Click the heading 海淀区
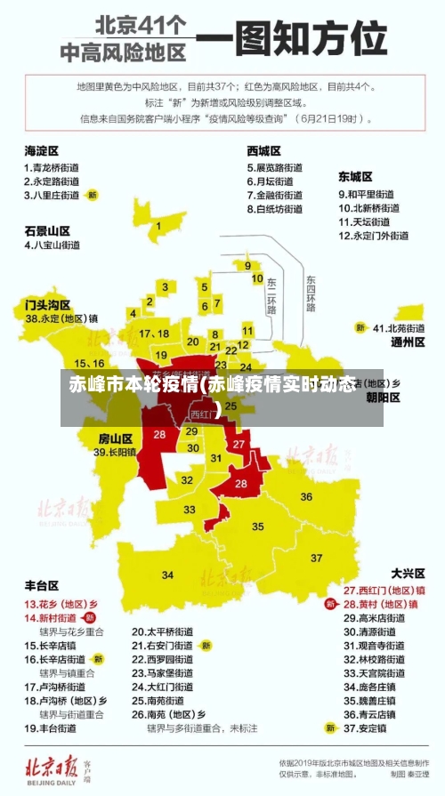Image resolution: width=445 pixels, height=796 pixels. click(x=42, y=151)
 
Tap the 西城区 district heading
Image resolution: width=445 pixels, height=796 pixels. click(x=264, y=151)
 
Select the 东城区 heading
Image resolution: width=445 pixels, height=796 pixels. click(x=355, y=177)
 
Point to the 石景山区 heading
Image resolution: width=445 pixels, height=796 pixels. click(x=47, y=230)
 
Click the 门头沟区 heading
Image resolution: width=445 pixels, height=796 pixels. click(x=47, y=304)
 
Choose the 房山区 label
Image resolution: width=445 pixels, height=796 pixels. click(x=115, y=438)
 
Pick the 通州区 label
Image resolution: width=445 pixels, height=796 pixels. click(x=409, y=342)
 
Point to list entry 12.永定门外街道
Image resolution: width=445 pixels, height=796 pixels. click(x=374, y=237)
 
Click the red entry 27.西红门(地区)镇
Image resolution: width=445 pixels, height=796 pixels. click(x=384, y=590)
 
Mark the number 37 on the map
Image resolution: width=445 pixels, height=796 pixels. click(x=318, y=558)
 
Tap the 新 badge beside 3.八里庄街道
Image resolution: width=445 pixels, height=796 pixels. click(x=92, y=194)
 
